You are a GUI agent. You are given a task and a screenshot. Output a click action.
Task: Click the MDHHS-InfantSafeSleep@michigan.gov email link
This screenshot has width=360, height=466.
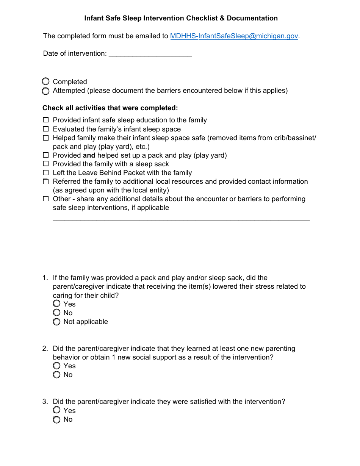click(234, 36)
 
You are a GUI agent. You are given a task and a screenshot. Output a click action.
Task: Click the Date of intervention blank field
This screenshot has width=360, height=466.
click(150, 54)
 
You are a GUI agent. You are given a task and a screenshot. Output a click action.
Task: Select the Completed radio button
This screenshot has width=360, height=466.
click(46, 81)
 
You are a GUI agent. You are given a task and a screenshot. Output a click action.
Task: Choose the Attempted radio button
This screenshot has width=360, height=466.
click(46, 91)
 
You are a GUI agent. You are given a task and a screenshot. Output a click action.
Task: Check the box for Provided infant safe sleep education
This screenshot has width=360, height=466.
click(46, 120)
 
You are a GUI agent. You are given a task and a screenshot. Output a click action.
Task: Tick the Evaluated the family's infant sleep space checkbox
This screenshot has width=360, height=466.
click(46, 129)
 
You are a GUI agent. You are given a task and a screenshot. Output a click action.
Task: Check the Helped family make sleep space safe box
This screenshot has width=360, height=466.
click(46, 138)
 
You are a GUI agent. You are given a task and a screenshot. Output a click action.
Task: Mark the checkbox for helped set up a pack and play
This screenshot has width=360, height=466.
click(46, 155)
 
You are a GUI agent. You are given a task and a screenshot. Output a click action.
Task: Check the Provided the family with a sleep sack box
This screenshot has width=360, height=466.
click(46, 164)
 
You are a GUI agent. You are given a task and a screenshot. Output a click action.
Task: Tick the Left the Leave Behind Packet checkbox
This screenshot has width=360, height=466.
click(46, 173)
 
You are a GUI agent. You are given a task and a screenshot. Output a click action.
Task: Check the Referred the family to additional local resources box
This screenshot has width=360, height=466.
click(46, 182)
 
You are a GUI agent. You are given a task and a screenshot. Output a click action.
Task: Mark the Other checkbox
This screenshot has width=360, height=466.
click(46, 199)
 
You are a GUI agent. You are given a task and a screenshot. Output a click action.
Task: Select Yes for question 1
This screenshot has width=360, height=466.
click(57, 303)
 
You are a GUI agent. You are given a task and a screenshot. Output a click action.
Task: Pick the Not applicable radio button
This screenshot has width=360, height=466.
click(57, 322)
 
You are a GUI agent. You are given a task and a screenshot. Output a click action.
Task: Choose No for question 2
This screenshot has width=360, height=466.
click(57, 375)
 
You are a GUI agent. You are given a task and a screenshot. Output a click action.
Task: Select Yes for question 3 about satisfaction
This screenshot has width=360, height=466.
click(57, 410)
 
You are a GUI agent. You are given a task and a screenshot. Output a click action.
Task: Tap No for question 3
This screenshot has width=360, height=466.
click(57, 419)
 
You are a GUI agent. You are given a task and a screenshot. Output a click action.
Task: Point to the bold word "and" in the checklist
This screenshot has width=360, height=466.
click(89, 155)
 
